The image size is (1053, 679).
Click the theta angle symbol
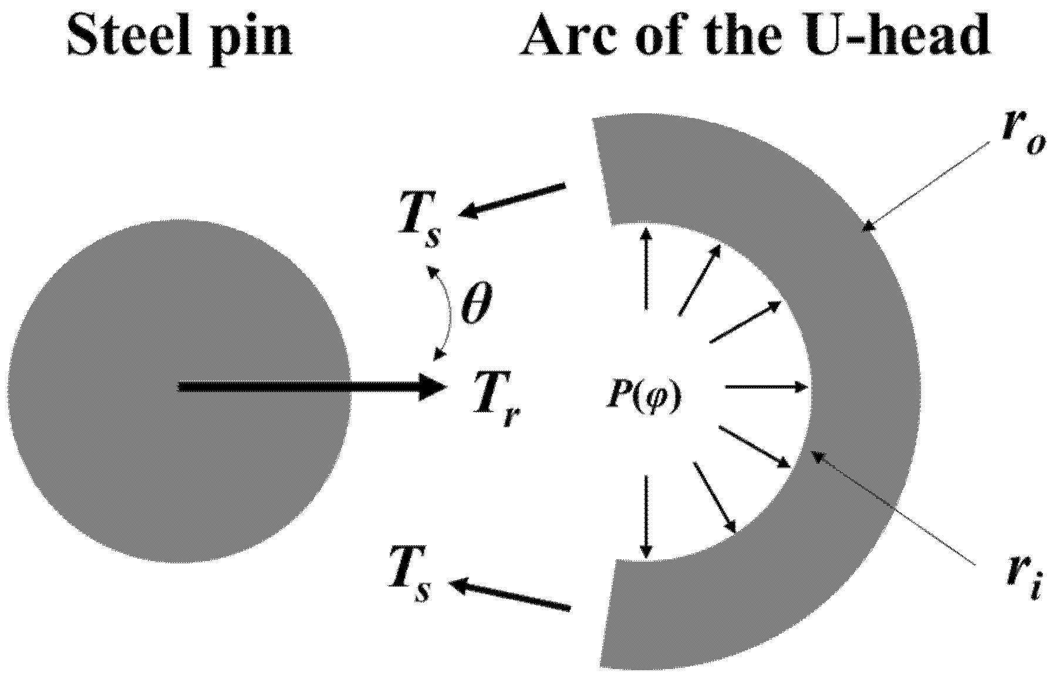[475, 305]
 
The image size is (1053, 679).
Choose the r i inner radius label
[1024, 581]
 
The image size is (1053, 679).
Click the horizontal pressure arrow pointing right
[766, 387]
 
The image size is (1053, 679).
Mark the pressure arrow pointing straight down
[646, 516]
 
